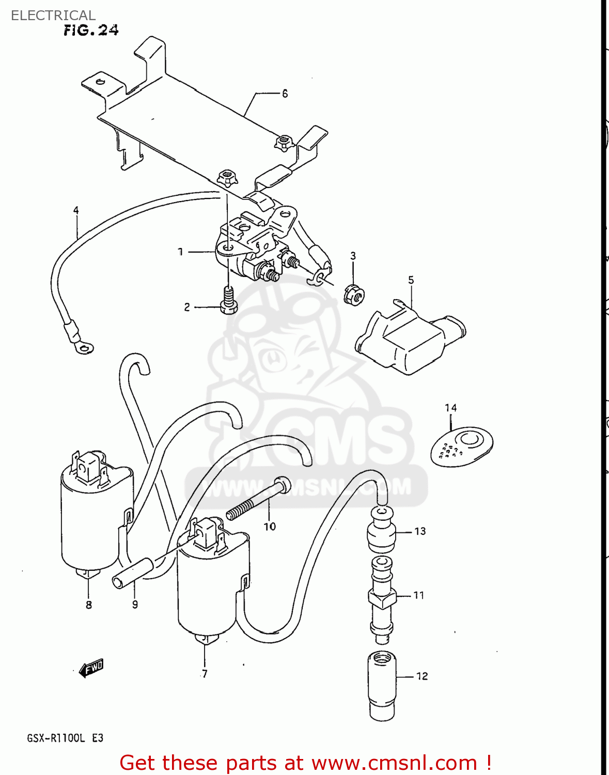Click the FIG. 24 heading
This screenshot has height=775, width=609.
(x=91, y=30)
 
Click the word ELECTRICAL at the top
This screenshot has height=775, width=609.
(x=53, y=16)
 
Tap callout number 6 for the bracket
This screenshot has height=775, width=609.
(x=285, y=94)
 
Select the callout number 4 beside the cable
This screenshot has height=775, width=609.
(x=76, y=210)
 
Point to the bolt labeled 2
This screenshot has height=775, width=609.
(x=228, y=301)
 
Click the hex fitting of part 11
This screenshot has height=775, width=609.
(x=382, y=598)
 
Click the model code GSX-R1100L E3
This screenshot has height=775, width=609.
(x=65, y=738)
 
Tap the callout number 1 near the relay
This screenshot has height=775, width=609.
(x=180, y=252)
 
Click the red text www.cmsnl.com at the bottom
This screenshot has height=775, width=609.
(x=394, y=763)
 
